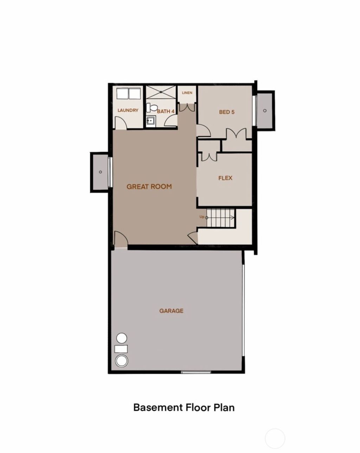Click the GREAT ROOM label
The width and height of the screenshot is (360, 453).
tap(149, 186)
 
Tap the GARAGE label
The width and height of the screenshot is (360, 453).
tap(171, 311)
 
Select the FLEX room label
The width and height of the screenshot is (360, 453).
tap(225, 178)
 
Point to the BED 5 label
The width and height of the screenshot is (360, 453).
tap(226, 112)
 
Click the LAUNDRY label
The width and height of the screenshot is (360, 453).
tap(128, 110)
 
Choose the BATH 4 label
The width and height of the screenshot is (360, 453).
tap(166, 111)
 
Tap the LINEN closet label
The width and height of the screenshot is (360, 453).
tap(187, 93)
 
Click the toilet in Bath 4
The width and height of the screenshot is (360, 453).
tap(151, 107)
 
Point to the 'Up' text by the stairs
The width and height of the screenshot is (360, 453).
tap(202, 217)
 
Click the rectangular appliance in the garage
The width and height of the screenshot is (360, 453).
tap(121, 349)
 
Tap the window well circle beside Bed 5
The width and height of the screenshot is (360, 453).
tap(265, 110)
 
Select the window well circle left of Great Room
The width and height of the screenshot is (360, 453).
tap(101, 172)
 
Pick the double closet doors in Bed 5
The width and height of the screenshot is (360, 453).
tap(236, 134)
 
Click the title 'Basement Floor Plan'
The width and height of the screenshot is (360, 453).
tap(184, 407)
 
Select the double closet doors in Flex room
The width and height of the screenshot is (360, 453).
tap(210, 156)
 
